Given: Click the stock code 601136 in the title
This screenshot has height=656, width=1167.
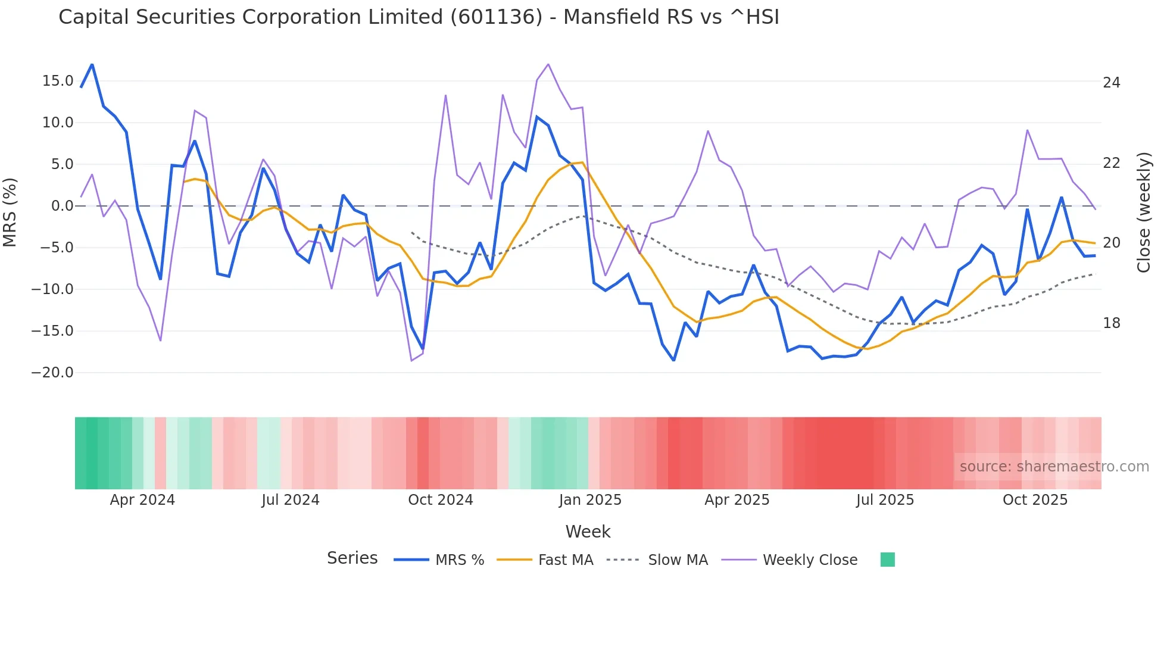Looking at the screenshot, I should point(497,17).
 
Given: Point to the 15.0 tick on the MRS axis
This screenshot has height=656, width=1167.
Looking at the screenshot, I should point(58,81).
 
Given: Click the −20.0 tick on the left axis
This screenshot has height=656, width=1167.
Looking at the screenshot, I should point(52,373).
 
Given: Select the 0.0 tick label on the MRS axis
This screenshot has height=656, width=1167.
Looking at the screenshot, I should point(63,206).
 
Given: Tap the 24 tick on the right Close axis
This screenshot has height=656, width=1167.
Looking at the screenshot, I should point(1111,83).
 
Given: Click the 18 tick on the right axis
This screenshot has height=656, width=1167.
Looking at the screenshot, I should point(1111,323).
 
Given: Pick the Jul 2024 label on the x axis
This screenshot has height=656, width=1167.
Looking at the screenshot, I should point(290,500).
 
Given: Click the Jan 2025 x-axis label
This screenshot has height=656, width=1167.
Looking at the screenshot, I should point(589,500).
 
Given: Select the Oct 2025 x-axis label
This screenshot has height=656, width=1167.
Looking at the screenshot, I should point(1035,500).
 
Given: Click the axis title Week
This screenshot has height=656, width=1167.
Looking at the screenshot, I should point(588,532).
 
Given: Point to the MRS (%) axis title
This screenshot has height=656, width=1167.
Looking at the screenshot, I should point(10,212).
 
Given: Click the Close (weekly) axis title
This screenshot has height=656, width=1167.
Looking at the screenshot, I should point(1144,213).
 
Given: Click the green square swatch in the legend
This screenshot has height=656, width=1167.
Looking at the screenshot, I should point(887,560).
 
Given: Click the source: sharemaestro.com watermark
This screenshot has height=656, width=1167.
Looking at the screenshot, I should point(1054,467).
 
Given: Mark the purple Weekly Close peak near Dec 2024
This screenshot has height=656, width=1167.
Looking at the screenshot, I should point(548,64).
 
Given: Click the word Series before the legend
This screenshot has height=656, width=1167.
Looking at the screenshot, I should point(352,558).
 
